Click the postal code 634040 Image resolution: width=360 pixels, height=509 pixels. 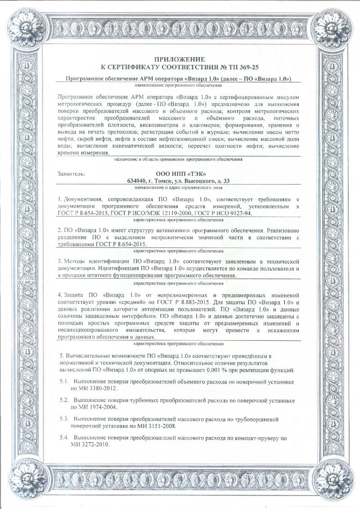(x=138, y=180)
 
